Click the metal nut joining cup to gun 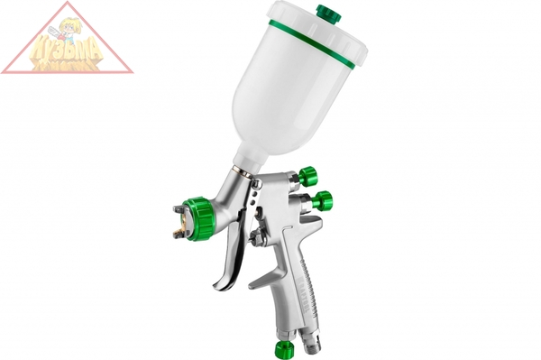click(247, 170)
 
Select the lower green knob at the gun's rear click(321, 200)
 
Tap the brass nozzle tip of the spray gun click(183, 217)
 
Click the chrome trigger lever click(235, 235)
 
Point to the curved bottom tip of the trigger click(219, 286)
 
